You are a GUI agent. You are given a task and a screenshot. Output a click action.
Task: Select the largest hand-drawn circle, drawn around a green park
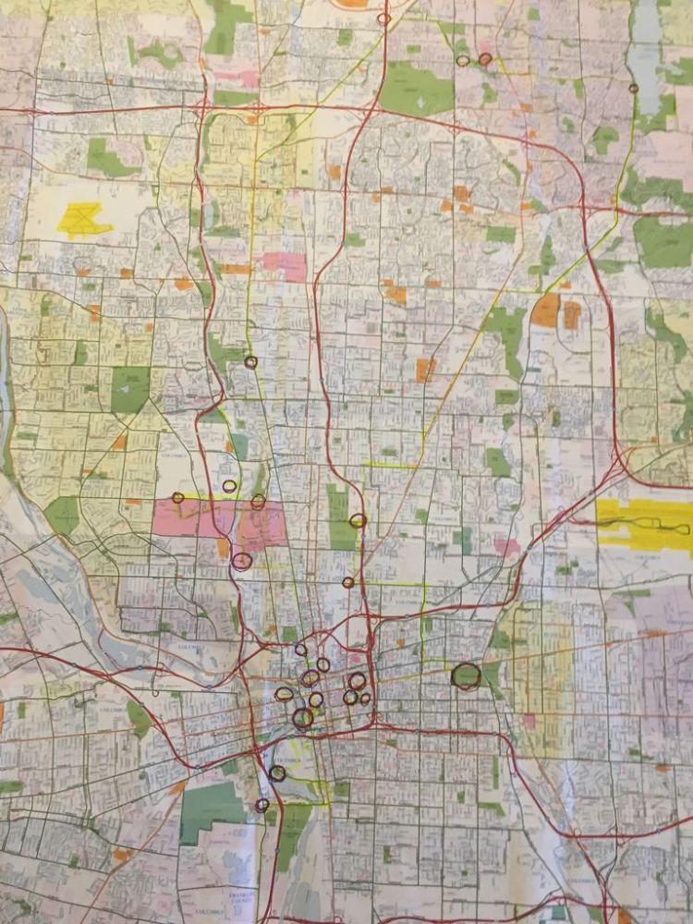pyautogui.click(x=466, y=676)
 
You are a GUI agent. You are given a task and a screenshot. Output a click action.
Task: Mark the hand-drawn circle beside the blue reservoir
pyautogui.click(x=633, y=89)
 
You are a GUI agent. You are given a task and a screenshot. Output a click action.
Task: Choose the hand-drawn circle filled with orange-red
pyautogui.click(x=485, y=59)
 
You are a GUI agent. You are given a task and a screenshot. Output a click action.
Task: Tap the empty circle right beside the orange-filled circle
pyautogui.click(x=463, y=61)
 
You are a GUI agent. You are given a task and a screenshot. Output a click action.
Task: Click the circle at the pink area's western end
pyautogui.click(x=178, y=498)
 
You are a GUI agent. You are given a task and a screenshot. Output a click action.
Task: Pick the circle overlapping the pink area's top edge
pyautogui.click(x=258, y=502)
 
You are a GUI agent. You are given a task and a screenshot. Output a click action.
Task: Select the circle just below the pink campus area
pyautogui.click(x=242, y=561)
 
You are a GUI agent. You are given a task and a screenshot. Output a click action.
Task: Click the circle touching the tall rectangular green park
pyautogui.click(x=358, y=521)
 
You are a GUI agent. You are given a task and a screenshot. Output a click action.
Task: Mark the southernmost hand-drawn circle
pyautogui.click(x=261, y=805)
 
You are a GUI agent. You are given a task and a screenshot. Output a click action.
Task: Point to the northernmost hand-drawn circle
pyautogui.click(x=383, y=18)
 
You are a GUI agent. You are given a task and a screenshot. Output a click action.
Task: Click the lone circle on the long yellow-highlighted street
pyautogui.click(x=250, y=362)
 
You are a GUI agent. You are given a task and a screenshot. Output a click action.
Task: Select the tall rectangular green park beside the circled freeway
pyautogui.click(x=339, y=517)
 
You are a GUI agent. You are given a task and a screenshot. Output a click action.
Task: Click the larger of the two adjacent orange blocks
pyautogui.click(x=545, y=311)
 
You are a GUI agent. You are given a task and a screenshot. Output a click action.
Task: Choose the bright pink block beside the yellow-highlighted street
pyautogui.click(x=284, y=266)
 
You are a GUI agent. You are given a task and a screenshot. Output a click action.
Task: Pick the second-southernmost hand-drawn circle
pyautogui.click(x=277, y=773)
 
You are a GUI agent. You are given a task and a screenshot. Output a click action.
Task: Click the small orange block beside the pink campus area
pyautogui.click(x=224, y=548)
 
